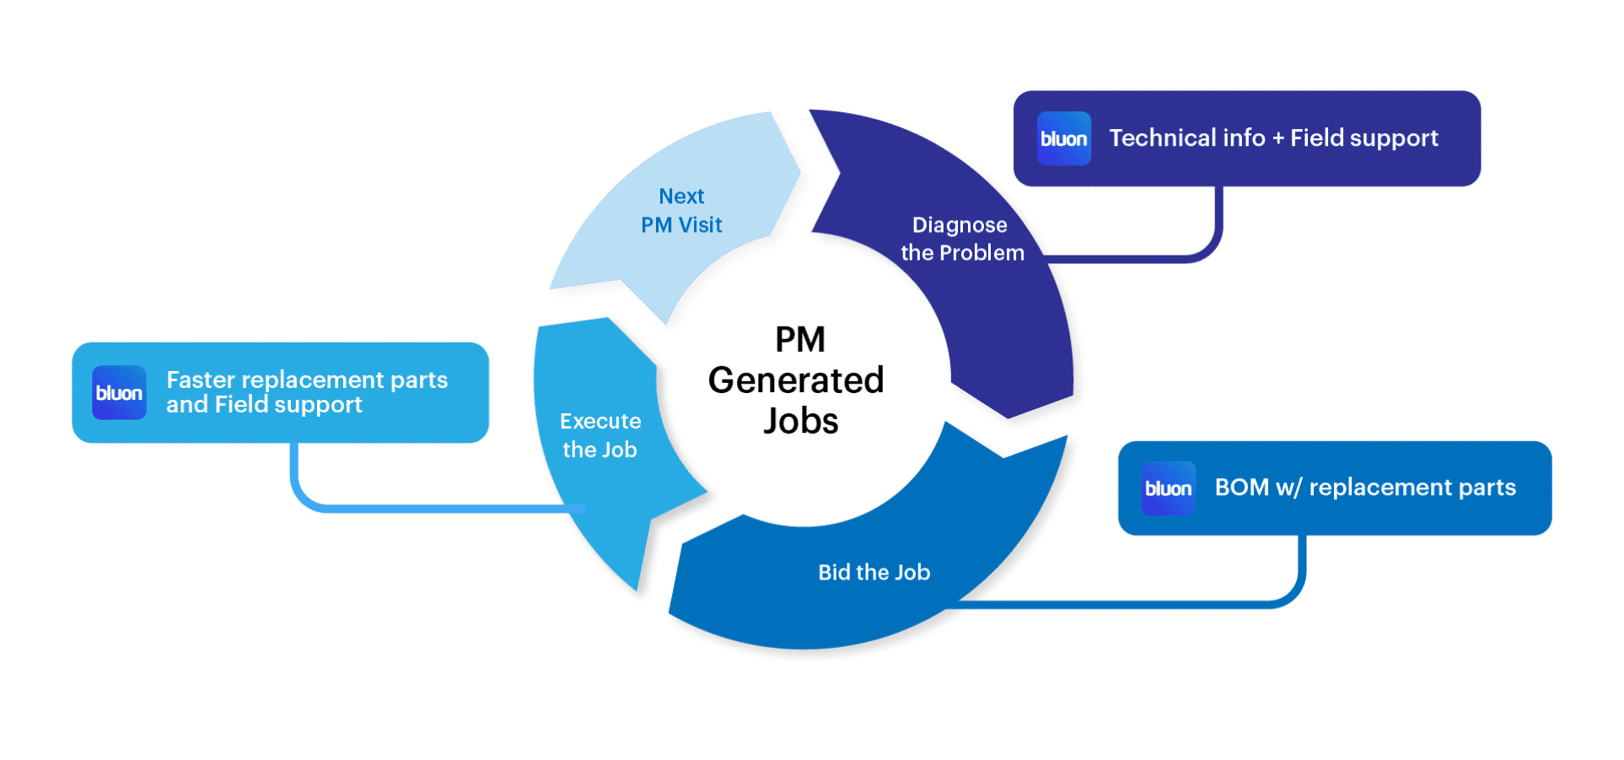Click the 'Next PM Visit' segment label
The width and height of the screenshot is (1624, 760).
681,211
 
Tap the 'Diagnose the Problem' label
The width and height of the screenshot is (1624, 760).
961,239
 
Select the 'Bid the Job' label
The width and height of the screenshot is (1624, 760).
874,573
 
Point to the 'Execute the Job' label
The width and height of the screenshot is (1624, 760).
600,435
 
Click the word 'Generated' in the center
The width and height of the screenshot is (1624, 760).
796,380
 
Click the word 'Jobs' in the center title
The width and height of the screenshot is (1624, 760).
800,422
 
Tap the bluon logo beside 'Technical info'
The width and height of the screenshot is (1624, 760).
1064,138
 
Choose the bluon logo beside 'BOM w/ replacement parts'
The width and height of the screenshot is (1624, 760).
1168,488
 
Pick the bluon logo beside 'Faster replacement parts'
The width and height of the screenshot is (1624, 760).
119,393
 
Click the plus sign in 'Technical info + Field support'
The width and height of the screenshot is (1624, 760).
1277,139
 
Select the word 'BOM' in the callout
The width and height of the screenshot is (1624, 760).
1241,488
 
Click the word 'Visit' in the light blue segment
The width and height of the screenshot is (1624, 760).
701,225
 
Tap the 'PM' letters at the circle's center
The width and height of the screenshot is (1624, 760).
800,340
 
